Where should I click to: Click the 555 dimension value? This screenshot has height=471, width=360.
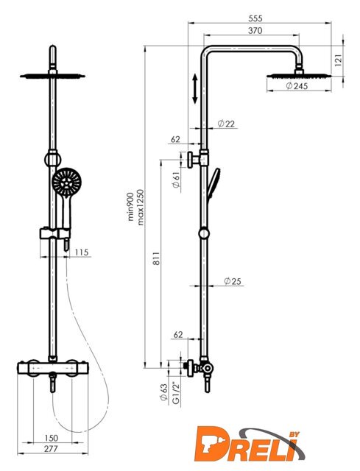click(255, 18)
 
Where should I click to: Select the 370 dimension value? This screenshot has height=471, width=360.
click(255, 31)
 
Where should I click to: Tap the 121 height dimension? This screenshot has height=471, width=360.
click(339, 60)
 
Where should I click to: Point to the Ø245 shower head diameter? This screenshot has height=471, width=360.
click(297, 86)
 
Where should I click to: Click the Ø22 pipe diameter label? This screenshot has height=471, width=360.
click(226, 124)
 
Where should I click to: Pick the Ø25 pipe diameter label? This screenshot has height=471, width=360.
click(233, 281)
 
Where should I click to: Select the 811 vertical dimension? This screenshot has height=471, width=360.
click(156, 258)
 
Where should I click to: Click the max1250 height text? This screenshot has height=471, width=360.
click(141, 208)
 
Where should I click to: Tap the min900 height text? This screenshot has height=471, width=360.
click(131, 208)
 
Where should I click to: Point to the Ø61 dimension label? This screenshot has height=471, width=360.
click(177, 180)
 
